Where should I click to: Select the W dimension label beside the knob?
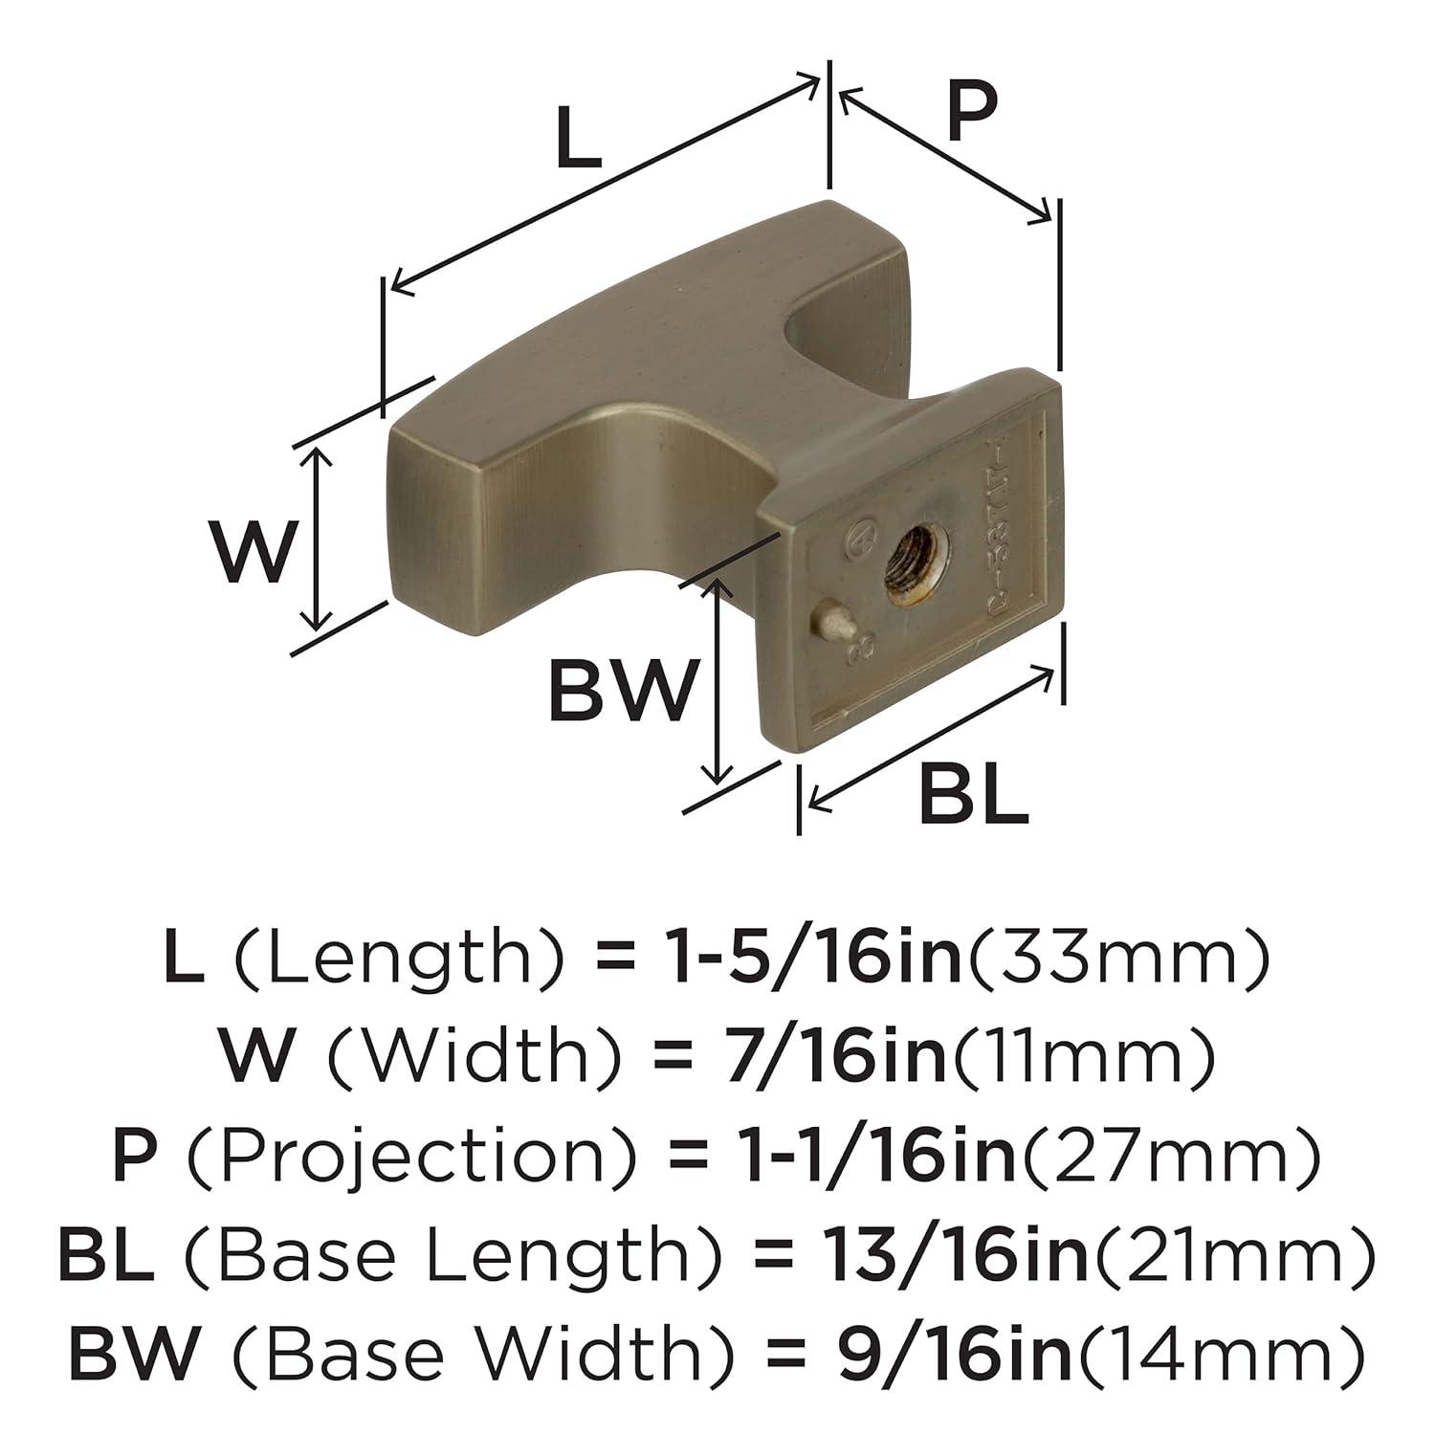pyautogui.click(x=251, y=553)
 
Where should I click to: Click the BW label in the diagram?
pyautogui.click(x=620, y=691)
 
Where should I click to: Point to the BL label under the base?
pyautogui.click(x=973, y=796)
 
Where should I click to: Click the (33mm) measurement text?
pyautogui.click(x=1119, y=959)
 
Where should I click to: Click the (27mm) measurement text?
pyautogui.click(x=1173, y=1157)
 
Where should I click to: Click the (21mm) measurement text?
pyautogui.click(x=1234, y=1256)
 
